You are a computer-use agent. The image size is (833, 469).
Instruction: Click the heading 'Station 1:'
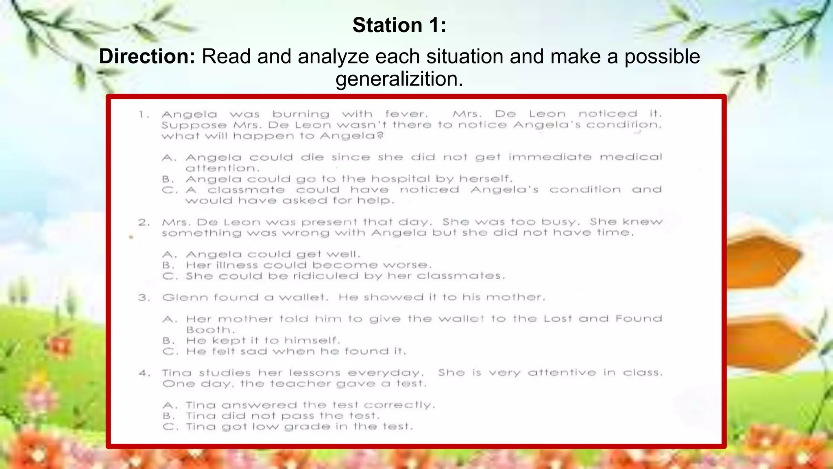coord(399,25)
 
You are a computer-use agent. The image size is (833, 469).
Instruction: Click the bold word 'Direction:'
coord(147,56)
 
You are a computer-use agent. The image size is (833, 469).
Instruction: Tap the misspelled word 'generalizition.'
coord(399,79)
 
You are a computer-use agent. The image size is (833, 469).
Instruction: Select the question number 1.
coord(143,114)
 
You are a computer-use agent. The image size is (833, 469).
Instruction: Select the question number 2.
coord(144,222)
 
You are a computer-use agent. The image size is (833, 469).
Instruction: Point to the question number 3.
coord(144,298)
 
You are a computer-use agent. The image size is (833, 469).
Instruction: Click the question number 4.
coord(144,373)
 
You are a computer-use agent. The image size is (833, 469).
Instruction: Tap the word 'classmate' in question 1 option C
coord(246,190)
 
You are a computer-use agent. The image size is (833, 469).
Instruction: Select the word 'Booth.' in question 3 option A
coord(210,330)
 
